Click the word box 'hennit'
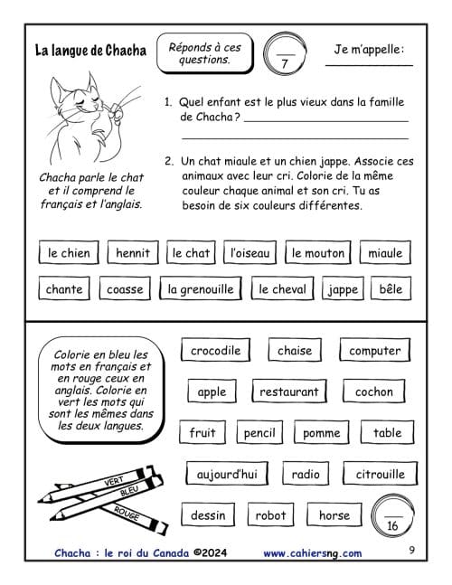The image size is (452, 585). [133, 252]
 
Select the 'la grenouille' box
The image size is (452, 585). [201, 288]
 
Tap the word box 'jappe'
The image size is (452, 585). [343, 288]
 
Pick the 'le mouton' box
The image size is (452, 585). [318, 252]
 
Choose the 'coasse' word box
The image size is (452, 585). [125, 288]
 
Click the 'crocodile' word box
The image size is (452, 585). [215, 350]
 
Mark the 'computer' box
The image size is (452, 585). [375, 350]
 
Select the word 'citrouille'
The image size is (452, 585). [380, 474]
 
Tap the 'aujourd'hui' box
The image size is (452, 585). [227, 474]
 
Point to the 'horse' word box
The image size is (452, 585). [334, 514]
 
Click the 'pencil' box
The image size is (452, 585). [259, 432]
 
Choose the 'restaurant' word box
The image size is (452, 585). [289, 391]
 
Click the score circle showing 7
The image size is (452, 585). [285, 54]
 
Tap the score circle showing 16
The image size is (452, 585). [392, 516]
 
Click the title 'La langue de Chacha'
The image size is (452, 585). [90, 51]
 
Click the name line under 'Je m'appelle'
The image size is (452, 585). [369, 66]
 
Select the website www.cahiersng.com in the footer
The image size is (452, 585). [313, 553]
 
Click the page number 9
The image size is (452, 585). [411, 550]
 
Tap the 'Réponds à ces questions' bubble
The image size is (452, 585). [204, 53]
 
